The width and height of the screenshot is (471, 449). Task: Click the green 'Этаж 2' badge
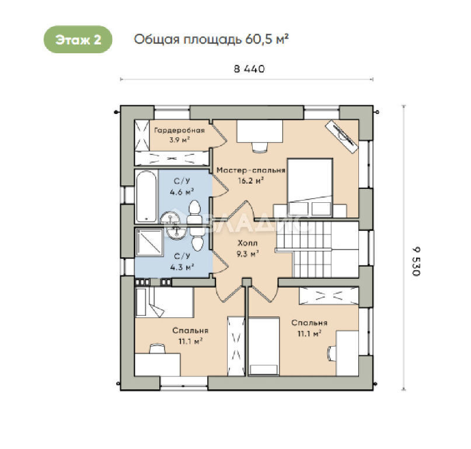(x=78, y=39)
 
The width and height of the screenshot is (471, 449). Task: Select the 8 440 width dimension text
(x=249, y=69)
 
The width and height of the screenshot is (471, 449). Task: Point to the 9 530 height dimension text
(x=416, y=261)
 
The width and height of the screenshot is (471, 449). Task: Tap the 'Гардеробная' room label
(x=179, y=130)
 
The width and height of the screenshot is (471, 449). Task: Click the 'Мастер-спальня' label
(x=251, y=170)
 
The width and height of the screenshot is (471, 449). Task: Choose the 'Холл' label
(x=247, y=243)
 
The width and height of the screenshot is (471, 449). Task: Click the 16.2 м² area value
(x=251, y=181)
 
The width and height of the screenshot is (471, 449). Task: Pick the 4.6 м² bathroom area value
(x=182, y=192)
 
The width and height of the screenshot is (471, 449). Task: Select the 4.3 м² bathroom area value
(x=182, y=267)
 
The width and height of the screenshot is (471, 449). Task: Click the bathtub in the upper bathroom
(x=146, y=196)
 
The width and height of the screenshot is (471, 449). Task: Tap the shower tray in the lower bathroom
(x=149, y=242)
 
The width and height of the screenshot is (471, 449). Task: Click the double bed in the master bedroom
(x=310, y=188)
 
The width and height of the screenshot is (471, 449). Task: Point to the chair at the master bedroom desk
(x=260, y=147)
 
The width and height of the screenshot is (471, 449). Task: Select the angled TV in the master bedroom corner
(x=342, y=136)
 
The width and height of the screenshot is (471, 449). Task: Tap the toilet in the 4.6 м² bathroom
(x=194, y=212)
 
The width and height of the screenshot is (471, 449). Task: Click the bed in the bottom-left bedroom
(x=164, y=302)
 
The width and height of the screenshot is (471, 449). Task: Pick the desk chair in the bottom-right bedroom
(x=332, y=353)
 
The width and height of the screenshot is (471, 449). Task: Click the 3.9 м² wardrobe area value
(x=179, y=140)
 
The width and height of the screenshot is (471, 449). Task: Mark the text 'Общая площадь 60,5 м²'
(x=211, y=39)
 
